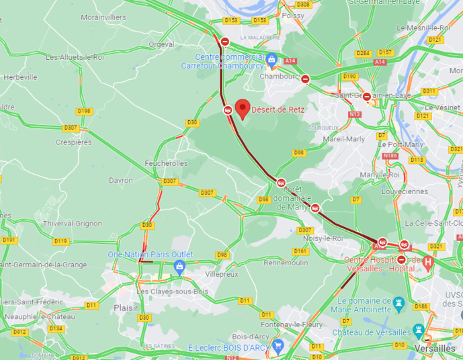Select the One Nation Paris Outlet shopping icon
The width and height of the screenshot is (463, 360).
[x=179, y=267]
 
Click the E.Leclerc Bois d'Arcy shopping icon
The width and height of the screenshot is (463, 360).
[x=278, y=345]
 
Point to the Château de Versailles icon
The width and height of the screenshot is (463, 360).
[x=419, y=331]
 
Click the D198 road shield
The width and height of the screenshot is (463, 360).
[x=84, y=111]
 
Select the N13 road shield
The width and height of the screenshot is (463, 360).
[x=355, y=115]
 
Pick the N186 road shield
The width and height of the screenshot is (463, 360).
[x=390, y=156]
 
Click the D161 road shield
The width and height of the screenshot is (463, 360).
[x=300, y=251]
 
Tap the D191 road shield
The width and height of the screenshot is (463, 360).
[x=9, y=240]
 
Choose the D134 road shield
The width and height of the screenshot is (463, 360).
[x=56, y=328]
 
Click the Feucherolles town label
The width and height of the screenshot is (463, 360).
[x=166, y=163]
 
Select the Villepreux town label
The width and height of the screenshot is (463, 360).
[x=222, y=275]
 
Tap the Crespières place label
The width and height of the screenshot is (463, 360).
[x=73, y=142]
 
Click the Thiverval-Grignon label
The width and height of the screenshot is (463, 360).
[x=72, y=224]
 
